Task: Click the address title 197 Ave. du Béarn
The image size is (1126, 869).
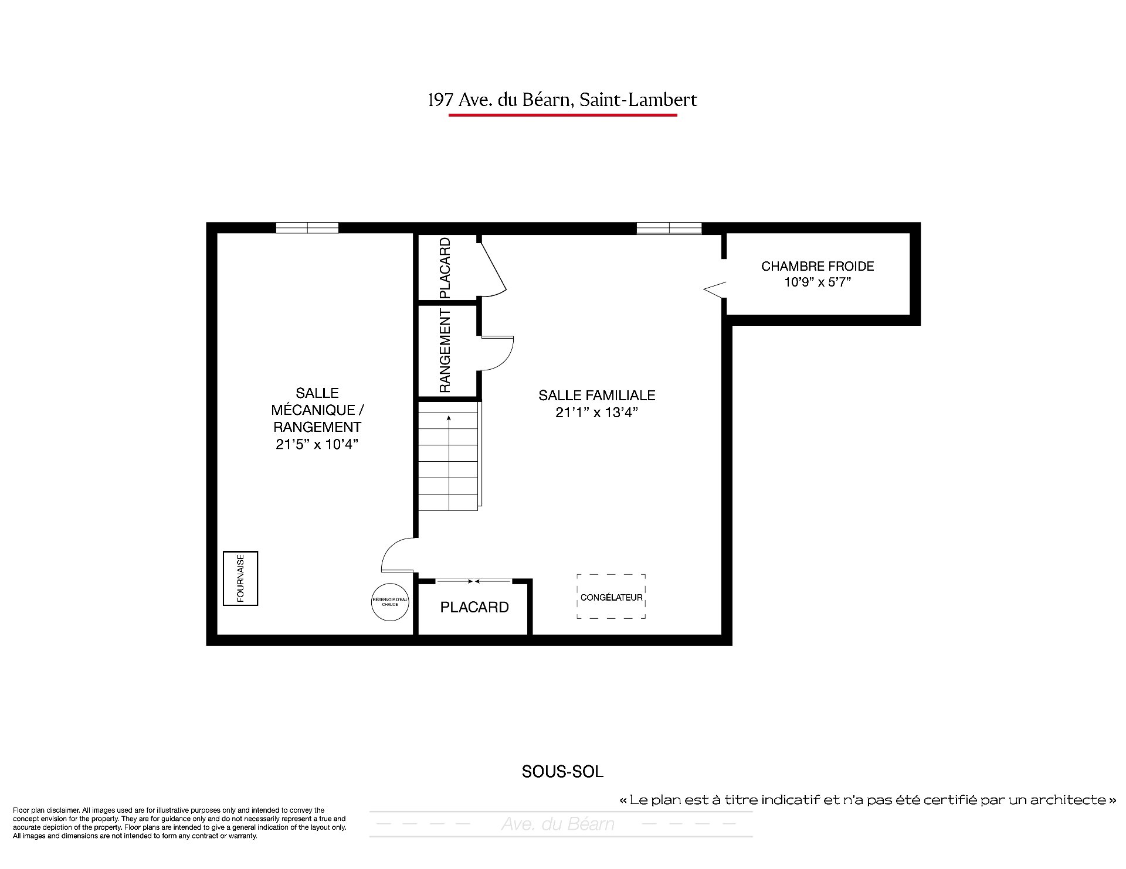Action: point(562,100)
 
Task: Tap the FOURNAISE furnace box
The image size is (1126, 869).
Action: point(240,578)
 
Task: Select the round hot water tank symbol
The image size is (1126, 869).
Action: point(390,601)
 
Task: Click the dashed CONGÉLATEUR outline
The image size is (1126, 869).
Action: point(611,575)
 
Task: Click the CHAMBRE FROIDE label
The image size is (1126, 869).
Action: point(818,266)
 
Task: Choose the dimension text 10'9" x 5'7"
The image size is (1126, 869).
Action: point(818,282)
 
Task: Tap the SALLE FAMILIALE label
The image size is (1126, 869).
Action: point(597,396)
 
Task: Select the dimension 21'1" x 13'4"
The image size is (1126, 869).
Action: point(597,413)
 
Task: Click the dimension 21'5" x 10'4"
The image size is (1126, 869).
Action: point(317,444)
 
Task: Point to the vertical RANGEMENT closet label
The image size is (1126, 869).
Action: point(445,350)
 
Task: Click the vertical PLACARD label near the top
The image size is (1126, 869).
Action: point(445,268)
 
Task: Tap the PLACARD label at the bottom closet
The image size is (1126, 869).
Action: point(474,607)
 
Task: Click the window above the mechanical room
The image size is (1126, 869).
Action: point(307,228)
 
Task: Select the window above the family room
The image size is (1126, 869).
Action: point(669,229)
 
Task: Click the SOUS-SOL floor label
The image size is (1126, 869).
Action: point(562,772)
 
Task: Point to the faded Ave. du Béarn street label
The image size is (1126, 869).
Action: point(558,824)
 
